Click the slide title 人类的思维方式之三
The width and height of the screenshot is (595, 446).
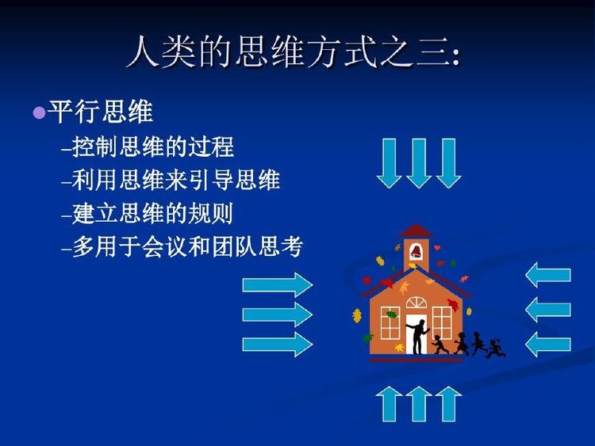pyautogui.click(x=294, y=51)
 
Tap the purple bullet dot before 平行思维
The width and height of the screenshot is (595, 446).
pyautogui.click(x=40, y=112)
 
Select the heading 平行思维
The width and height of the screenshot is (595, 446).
pyautogui.click(x=101, y=112)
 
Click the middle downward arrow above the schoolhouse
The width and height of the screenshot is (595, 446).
pyautogui.click(x=419, y=163)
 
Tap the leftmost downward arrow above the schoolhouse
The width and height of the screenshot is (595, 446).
pyautogui.click(x=389, y=163)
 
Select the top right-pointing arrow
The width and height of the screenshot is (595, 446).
pyautogui.click(x=278, y=285)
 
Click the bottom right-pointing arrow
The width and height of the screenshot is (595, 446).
pyautogui.click(x=278, y=345)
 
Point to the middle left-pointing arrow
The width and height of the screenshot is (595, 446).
pyautogui.click(x=548, y=310)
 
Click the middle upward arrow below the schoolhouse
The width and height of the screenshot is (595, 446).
pyautogui.click(x=419, y=404)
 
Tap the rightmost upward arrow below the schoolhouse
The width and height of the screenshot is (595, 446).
pyautogui.click(x=448, y=404)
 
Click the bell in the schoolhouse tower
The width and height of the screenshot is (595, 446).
pyautogui.click(x=416, y=251)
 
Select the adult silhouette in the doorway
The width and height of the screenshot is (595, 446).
pyautogui.click(x=418, y=337)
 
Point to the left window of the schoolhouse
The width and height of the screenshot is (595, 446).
pyautogui.click(x=390, y=323)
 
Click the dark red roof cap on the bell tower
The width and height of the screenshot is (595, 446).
pyautogui.click(x=416, y=231)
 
